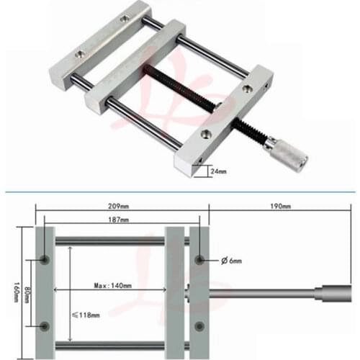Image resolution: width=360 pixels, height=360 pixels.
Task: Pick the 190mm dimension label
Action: [x=282, y=207]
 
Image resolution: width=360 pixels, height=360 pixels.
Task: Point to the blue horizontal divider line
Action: [x=180, y=192]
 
